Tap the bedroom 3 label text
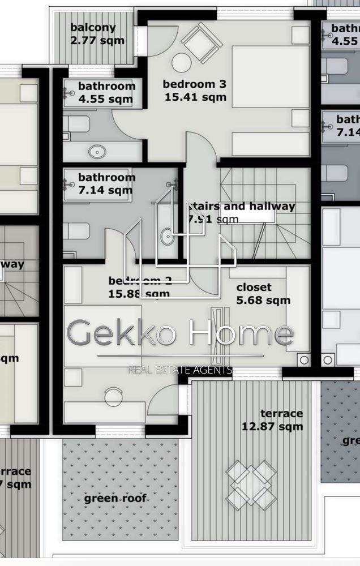coord(195,84)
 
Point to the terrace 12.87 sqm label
coord(272,420)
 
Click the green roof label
coord(115,499)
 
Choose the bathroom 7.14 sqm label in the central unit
coord(106,184)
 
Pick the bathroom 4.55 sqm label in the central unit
coord(106,93)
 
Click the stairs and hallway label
coord(242,207)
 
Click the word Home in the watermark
coord(242,333)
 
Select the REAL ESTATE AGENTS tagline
coord(181,370)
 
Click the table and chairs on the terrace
coord(251,483)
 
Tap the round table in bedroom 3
coord(183,63)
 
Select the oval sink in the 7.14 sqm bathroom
coord(167,237)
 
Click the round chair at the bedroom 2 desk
coord(114,395)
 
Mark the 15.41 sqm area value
coord(195,97)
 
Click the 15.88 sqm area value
coord(138,294)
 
